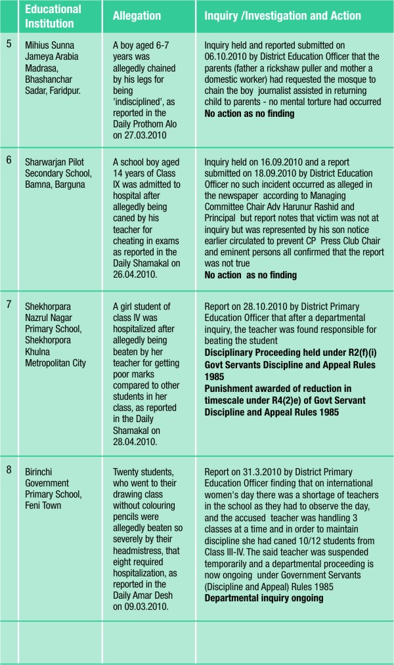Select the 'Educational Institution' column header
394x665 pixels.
pyautogui.click(x=53, y=15)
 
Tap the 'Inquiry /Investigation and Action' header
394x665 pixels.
pyautogui.click(x=282, y=15)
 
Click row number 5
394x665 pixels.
pyautogui.click(x=9, y=46)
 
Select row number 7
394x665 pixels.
pyautogui.click(x=9, y=305)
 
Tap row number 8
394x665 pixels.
pyautogui.click(x=9, y=472)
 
